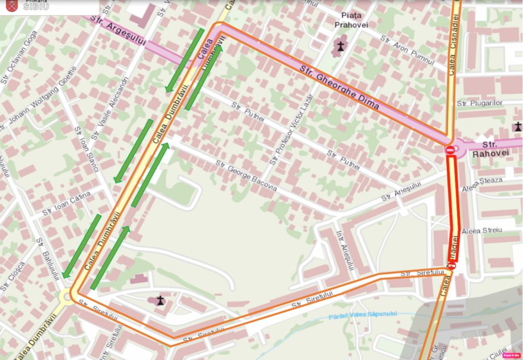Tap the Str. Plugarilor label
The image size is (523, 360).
click(480, 103)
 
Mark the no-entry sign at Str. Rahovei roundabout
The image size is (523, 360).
click(450, 150)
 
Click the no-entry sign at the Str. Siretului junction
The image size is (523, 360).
click(452, 266)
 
